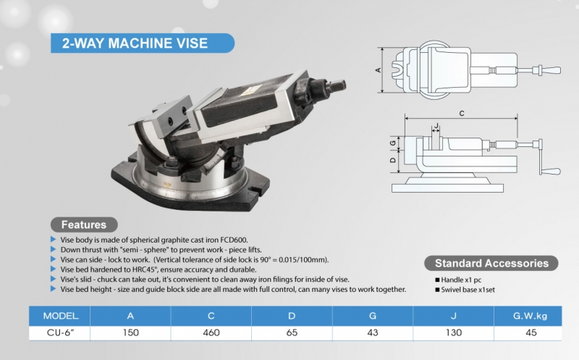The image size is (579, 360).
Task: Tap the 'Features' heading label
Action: pos(83,225)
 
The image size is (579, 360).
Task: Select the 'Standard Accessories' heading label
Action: pos(491,263)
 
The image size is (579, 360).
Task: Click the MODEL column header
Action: pos(65,316)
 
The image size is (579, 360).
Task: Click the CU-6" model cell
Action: pos(65,334)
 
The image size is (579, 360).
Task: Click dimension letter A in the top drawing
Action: pos(377,70)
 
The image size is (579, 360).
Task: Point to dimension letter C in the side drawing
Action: pos(461,112)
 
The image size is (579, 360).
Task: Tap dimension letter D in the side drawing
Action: pos(393,160)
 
